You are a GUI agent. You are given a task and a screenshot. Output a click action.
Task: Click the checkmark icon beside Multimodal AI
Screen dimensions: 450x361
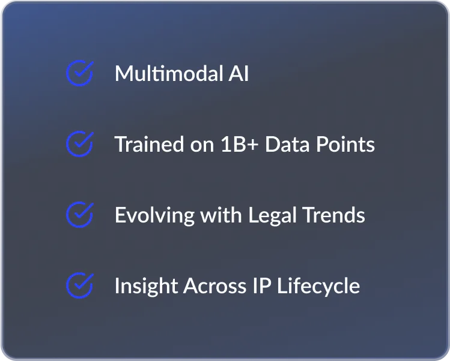coord(79,73)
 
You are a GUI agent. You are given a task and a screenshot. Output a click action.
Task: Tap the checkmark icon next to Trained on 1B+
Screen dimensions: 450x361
coord(79,144)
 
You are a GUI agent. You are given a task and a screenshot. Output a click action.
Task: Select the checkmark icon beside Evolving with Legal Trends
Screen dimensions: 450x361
coord(79,215)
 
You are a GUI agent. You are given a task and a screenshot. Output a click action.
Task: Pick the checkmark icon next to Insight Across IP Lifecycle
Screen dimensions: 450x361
coord(79,285)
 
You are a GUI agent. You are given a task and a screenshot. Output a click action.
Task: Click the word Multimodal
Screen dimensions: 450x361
coord(169,73)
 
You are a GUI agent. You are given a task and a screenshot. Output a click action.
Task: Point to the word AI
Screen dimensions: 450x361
coord(239,73)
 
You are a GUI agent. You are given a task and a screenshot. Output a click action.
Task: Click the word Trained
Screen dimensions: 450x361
coord(149,144)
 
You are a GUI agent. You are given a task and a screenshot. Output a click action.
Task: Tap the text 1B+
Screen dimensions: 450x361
coord(240,144)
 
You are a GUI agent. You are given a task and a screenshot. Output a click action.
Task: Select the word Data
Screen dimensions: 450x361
coord(287,144)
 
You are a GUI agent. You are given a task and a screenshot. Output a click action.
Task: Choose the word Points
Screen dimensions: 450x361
coord(345,144)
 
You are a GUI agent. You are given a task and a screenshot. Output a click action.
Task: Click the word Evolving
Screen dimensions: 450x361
coord(154,215)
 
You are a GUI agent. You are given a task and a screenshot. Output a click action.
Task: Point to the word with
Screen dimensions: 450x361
coord(221,215)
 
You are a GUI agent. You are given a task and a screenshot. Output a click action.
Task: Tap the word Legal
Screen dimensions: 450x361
coord(272,215)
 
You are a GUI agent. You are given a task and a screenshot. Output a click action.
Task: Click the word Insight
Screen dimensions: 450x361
coord(146,286)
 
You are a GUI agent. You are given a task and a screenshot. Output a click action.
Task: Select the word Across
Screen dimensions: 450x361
coord(214,285)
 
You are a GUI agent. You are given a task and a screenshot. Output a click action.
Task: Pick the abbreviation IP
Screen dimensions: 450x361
coord(262,285)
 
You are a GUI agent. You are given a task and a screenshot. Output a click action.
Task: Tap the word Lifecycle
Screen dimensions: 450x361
coord(318,286)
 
